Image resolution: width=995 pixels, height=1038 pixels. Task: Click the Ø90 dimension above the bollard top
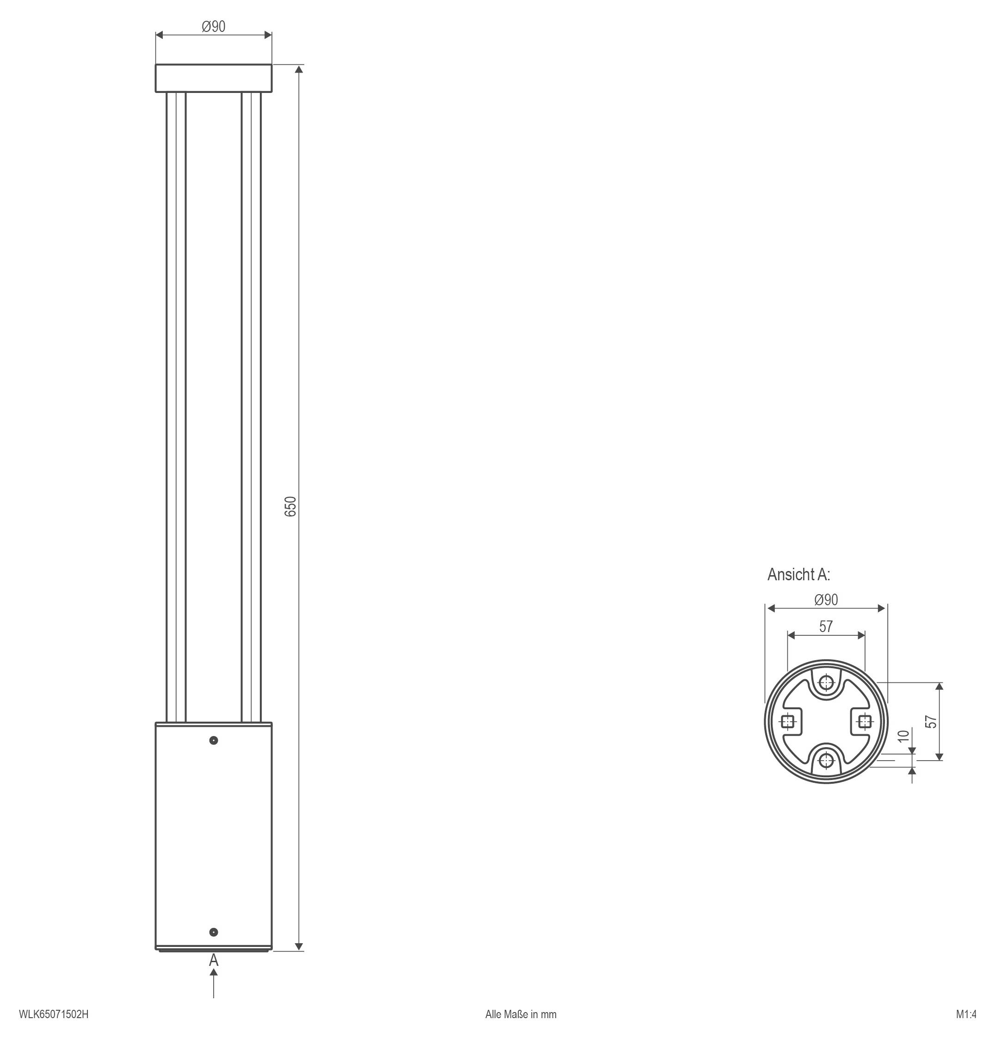tap(214, 26)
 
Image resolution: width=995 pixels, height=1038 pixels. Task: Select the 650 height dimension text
tap(291, 507)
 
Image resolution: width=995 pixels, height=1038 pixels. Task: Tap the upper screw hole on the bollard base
tap(214, 740)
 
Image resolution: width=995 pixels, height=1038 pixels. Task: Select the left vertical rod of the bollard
tap(176, 407)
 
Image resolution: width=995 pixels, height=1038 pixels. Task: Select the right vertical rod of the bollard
tap(251, 407)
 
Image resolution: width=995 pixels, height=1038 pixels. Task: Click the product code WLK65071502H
tap(54, 1014)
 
